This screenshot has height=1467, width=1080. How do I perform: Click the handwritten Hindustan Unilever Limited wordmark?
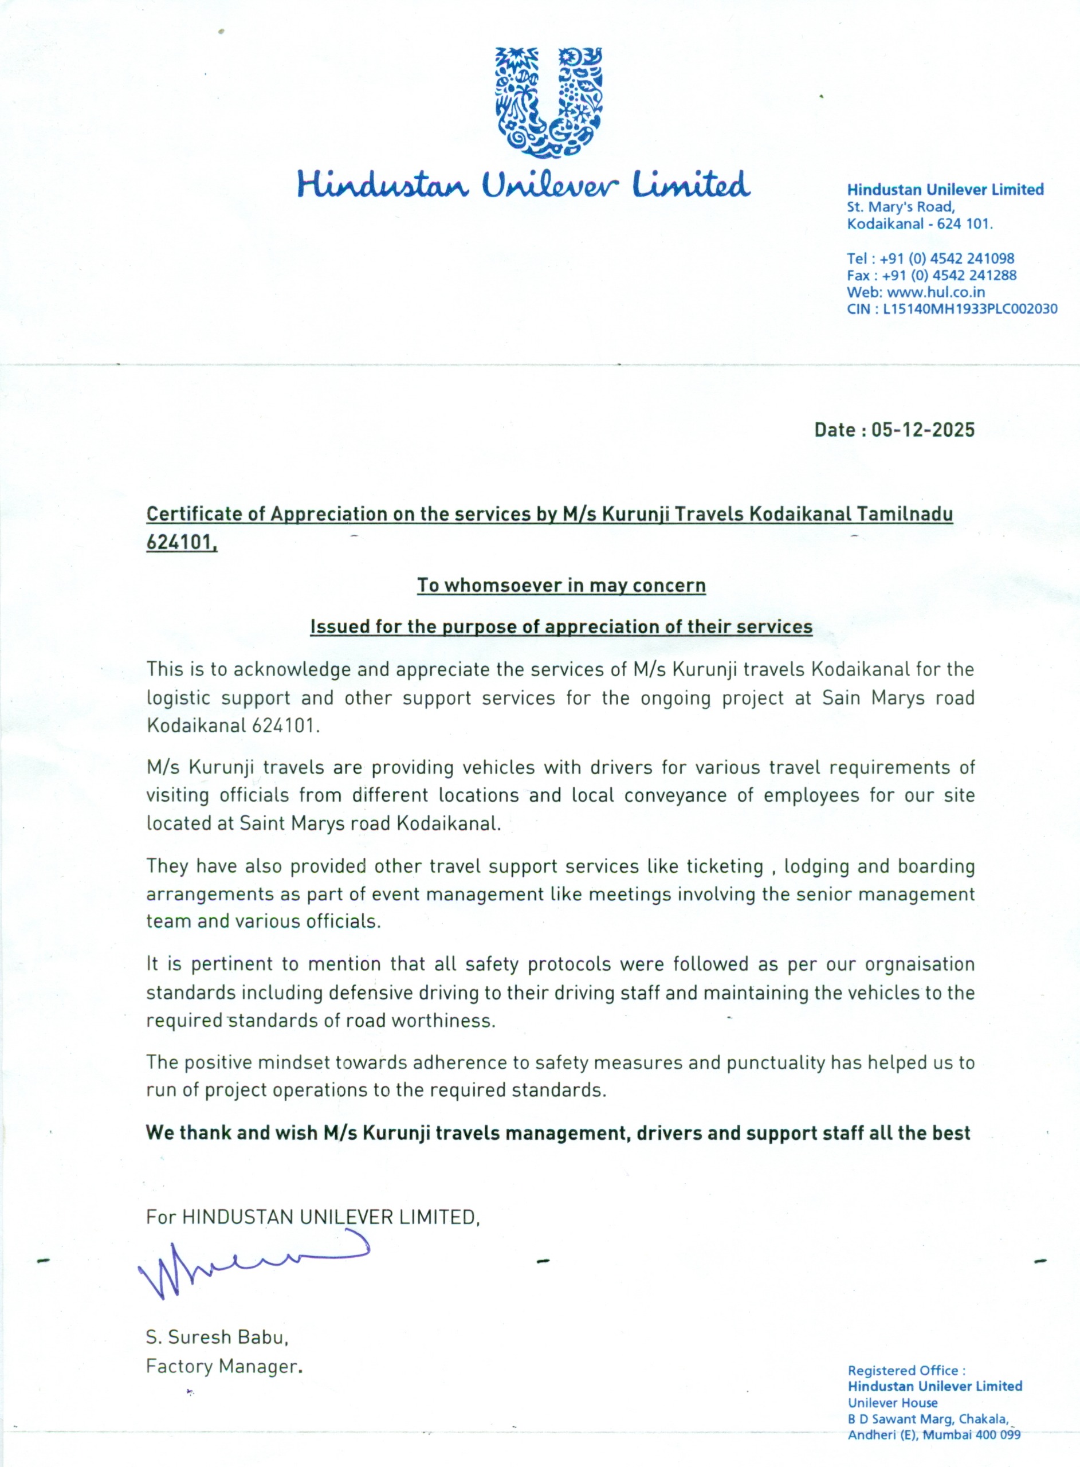pos(523,185)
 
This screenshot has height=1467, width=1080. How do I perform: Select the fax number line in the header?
pos(932,275)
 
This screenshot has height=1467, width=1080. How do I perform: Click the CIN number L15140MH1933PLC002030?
pos(969,309)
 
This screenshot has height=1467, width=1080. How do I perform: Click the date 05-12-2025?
pos(922,430)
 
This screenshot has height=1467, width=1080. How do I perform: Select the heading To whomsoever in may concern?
pos(561,585)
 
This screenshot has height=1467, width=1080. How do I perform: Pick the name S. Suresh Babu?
pos(217,1337)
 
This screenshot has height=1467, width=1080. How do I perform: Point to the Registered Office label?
pos(905,1370)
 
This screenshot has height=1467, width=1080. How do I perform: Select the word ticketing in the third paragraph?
pos(724,866)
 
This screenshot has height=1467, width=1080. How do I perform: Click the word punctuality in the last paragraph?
pos(776,1062)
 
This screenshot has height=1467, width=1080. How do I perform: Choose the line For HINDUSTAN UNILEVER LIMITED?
pos(312,1217)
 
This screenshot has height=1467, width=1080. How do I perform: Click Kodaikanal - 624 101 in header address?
pos(919,224)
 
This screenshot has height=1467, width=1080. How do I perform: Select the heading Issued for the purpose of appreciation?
pos(561,627)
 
